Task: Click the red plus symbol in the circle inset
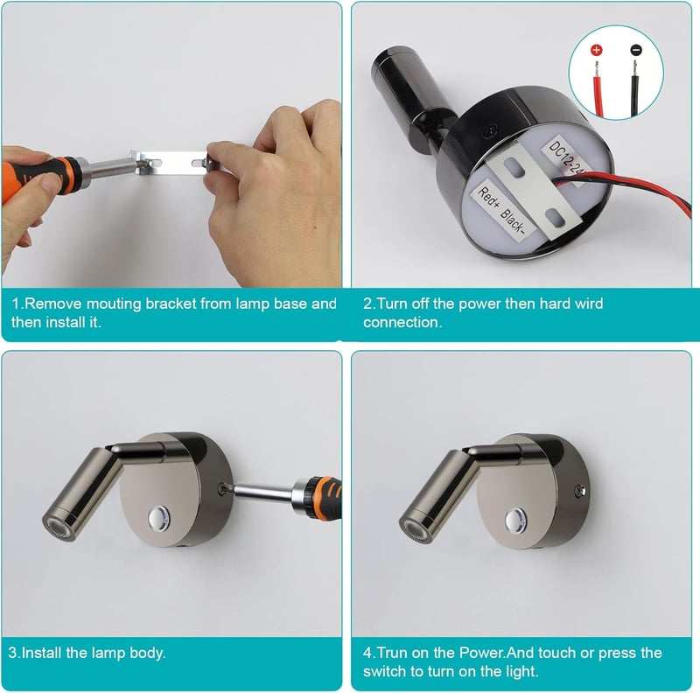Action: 597,50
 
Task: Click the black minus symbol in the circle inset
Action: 637,50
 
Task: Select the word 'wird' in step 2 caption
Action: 589,304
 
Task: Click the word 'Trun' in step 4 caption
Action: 392,653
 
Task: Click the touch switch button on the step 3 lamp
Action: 159,518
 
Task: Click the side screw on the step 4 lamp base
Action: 580,490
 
